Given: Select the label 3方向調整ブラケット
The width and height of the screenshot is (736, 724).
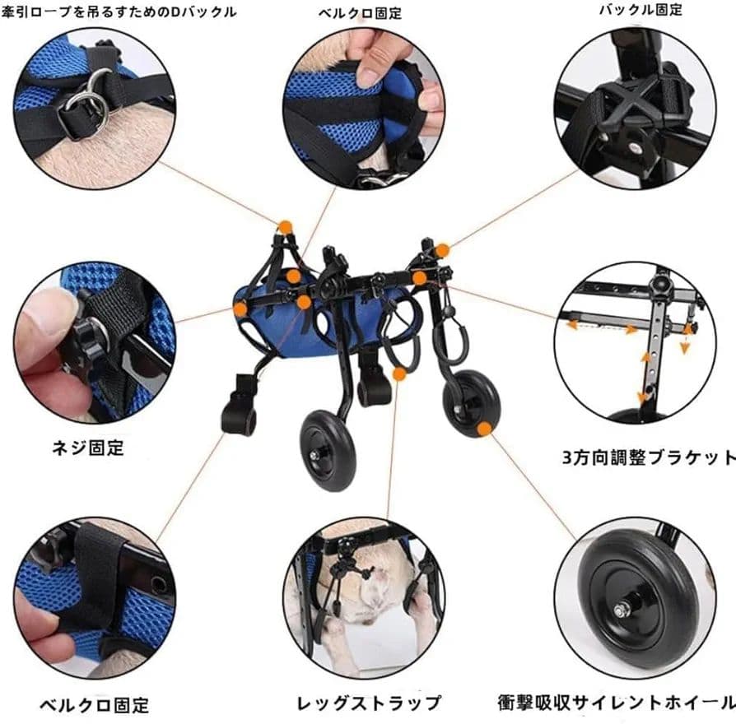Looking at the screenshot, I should pos(649,457).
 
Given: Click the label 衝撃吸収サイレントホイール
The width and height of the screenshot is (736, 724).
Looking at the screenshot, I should pos(616,703).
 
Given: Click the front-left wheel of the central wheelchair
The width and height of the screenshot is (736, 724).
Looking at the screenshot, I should pos(328,451).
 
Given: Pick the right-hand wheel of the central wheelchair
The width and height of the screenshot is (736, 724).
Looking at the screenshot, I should pos(470,403).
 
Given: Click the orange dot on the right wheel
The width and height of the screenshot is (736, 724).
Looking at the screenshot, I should pos(484,428).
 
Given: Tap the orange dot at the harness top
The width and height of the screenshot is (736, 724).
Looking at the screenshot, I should pos(285,226).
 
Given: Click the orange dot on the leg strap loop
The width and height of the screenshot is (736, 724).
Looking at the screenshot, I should pos(399,374).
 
